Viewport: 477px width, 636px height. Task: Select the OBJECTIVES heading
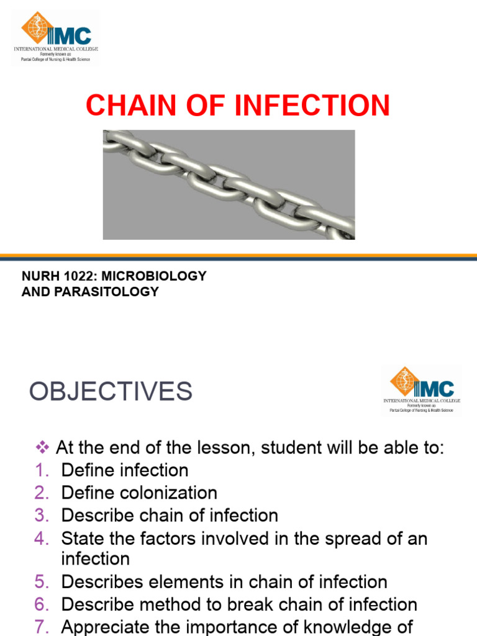coord(111,391)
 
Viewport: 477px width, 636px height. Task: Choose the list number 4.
coord(40,538)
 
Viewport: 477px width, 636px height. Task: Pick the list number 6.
coord(40,604)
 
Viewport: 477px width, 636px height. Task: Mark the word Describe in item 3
coord(98,516)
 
